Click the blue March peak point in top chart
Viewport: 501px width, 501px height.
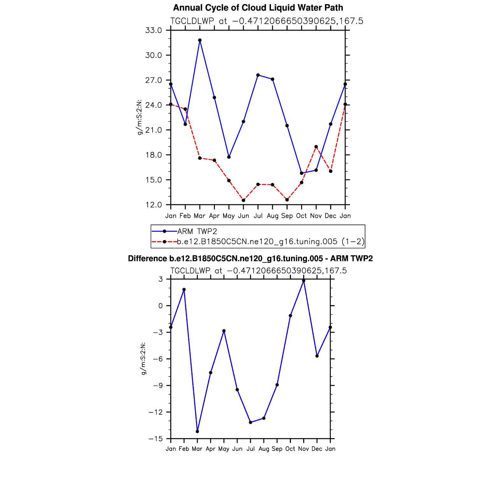[200, 40]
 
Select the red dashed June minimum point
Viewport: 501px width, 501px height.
[243, 200]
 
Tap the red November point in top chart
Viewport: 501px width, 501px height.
[316, 147]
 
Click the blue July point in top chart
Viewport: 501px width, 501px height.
[258, 75]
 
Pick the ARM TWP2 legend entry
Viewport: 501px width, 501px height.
[197, 231]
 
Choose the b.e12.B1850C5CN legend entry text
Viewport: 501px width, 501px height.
[271, 242]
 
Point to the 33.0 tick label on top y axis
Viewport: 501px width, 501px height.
[154, 31]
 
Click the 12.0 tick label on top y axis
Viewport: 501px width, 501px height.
[154, 205]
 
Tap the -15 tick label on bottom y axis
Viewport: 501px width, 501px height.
[156, 439]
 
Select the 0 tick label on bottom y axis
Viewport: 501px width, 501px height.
[160, 306]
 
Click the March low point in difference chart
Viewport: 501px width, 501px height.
[197, 432]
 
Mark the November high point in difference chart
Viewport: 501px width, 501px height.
[304, 281]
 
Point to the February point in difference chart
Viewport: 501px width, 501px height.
[184, 290]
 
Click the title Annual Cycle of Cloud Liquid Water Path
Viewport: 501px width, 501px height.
[258, 8]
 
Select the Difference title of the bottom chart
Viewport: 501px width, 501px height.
[250, 258]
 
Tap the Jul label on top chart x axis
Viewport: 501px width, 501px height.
[258, 216]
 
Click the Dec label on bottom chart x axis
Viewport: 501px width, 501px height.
[317, 449]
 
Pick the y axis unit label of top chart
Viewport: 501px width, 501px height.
[139, 117]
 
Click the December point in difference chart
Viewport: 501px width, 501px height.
[317, 356]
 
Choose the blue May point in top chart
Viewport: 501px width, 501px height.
[229, 157]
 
